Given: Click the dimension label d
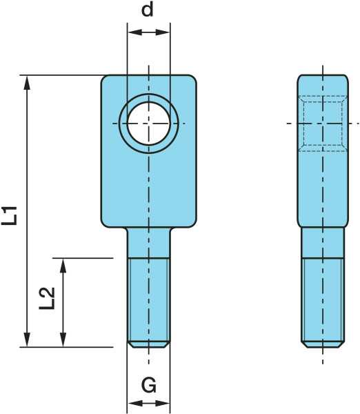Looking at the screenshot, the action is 148,10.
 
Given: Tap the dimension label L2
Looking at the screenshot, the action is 47,298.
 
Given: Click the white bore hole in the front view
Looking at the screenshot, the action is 148,124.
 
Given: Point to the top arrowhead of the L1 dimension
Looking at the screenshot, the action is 27,82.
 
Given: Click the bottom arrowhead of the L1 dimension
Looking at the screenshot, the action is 27,340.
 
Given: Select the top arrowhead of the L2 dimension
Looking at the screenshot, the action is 63,265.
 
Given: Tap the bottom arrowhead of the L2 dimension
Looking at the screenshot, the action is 63,340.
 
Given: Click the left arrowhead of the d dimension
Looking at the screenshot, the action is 134,32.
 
